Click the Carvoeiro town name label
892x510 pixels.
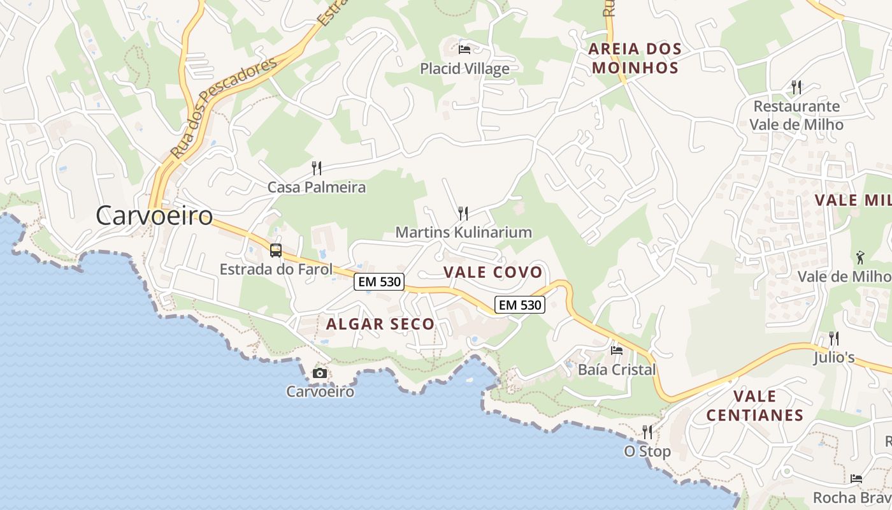(154, 215)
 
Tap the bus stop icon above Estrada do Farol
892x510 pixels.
(276, 251)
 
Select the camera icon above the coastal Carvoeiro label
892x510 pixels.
(320, 373)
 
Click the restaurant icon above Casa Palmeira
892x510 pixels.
(316, 168)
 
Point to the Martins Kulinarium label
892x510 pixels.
(463, 232)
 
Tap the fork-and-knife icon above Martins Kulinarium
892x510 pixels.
(463, 213)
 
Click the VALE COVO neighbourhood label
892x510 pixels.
(493, 272)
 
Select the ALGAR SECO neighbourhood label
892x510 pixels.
(380, 324)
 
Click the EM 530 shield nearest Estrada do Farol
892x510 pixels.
(379, 282)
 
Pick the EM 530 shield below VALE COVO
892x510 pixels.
(521, 305)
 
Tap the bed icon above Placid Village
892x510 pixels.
(464, 49)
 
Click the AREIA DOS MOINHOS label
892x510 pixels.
(635, 58)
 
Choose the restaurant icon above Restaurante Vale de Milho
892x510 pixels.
(796, 87)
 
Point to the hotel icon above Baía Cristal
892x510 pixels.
(616, 350)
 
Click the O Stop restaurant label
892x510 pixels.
(647, 451)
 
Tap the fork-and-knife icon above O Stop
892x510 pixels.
(647, 432)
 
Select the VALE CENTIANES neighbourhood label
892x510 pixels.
(754, 405)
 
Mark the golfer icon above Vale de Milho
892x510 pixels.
(861, 258)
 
